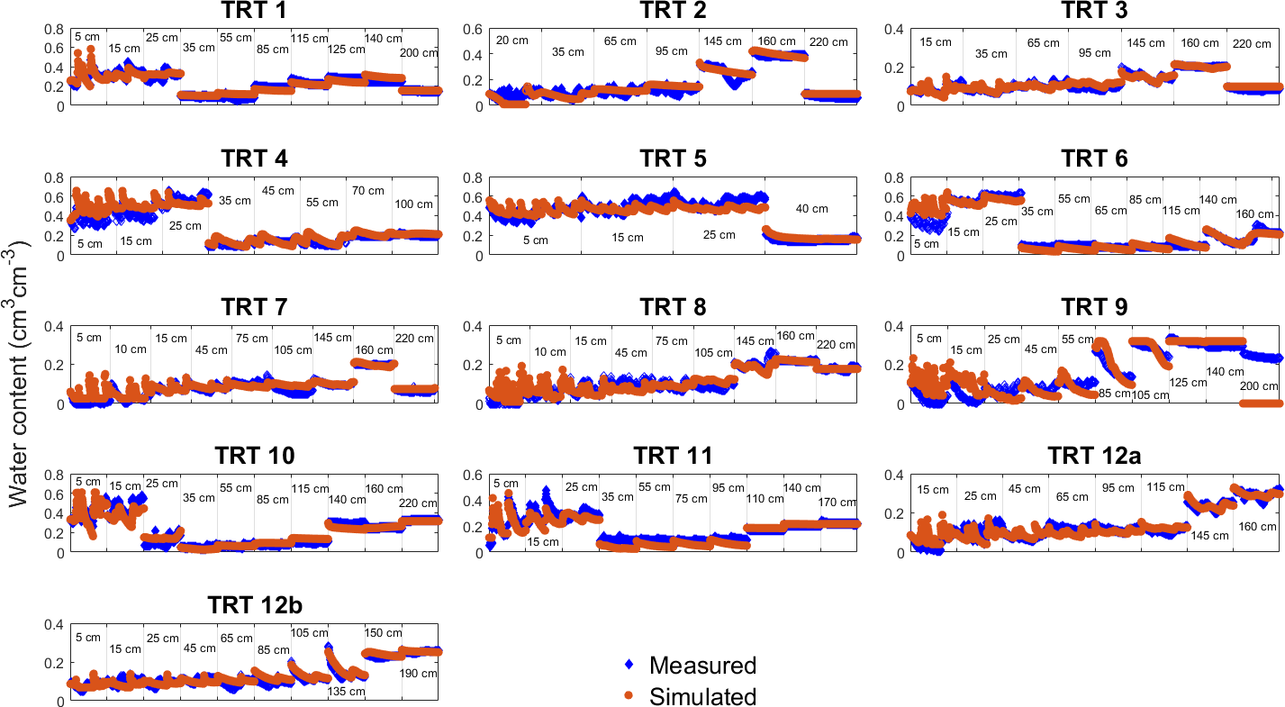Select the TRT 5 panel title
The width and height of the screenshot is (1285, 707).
click(x=673, y=159)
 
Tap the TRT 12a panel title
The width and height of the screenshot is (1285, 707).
click(x=1093, y=457)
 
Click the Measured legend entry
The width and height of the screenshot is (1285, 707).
click(x=702, y=666)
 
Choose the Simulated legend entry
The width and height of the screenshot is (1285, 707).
click(x=702, y=696)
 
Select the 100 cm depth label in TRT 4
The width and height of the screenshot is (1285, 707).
click(x=414, y=204)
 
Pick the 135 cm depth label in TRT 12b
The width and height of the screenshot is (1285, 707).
click(x=347, y=692)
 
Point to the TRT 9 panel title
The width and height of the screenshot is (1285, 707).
click(x=1093, y=308)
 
